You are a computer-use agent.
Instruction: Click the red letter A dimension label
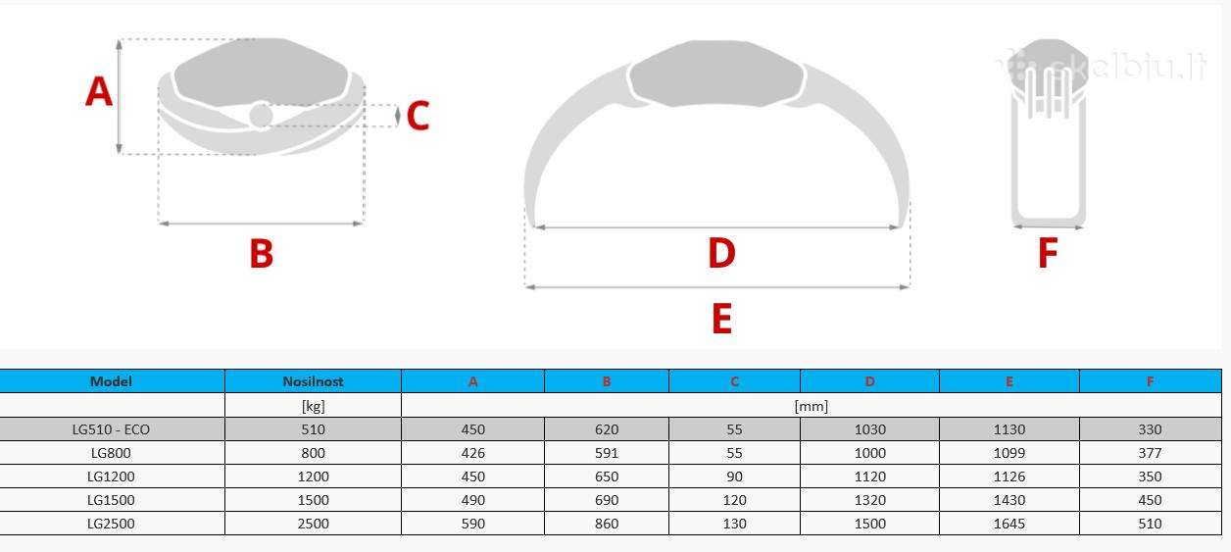coord(99,91)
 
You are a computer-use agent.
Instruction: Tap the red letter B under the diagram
coord(262,254)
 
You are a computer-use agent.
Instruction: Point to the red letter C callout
coord(418,116)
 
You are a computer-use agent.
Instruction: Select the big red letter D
coord(721,253)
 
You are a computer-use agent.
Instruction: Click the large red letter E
coord(722,319)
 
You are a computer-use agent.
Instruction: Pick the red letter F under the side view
coord(1048,253)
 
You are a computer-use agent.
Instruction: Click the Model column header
coord(111,381)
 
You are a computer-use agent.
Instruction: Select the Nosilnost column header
coord(313,381)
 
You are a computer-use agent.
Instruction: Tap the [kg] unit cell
coord(314,406)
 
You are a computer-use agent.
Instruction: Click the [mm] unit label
coord(812,406)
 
